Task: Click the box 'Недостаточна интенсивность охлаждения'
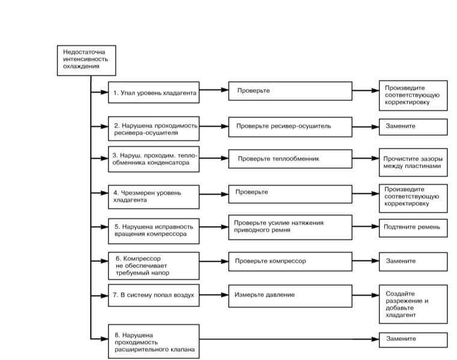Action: [x=86, y=60]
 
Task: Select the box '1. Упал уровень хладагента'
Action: [x=154, y=92]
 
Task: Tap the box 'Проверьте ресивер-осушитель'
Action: [x=290, y=127]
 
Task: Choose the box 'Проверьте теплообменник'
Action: [x=290, y=159]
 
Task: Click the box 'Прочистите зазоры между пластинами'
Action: [x=413, y=162]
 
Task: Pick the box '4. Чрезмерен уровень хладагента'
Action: [x=154, y=197]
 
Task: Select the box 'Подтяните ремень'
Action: [x=413, y=228]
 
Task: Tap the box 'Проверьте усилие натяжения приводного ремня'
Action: [x=290, y=227]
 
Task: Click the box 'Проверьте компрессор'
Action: [x=290, y=261]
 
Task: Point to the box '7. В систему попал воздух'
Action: [x=154, y=295]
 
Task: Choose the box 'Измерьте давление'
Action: [x=290, y=296]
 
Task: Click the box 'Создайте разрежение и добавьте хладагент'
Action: [x=413, y=304]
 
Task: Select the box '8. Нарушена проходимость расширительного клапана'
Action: [x=154, y=341]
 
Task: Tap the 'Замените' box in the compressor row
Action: [x=413, y=262]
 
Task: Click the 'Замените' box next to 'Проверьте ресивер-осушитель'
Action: [x=413, y=127]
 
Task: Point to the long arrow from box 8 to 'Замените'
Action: [x=289, y=339]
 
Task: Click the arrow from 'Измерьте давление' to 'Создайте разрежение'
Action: [x=366, y=295]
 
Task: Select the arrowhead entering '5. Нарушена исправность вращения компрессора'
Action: [x=104, y=227]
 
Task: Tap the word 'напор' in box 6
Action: [x=160, y=273]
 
